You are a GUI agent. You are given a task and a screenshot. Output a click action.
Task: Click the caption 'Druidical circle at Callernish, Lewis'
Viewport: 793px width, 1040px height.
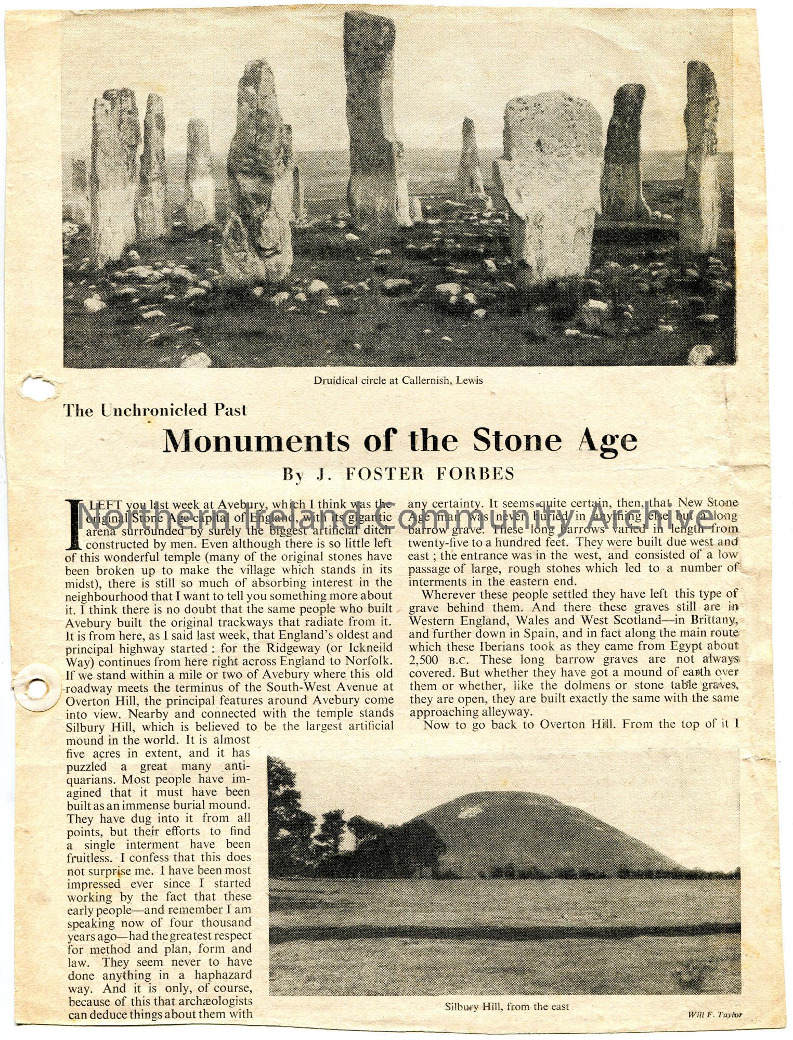[x=398, y=381]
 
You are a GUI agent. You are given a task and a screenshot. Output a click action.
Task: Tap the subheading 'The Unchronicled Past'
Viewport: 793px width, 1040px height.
[x=155, y=410]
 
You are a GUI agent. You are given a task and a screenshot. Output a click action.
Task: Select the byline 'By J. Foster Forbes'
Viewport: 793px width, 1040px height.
[x=398, y=473]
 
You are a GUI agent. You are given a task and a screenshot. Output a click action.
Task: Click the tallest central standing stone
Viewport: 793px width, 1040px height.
[x=368, y=120]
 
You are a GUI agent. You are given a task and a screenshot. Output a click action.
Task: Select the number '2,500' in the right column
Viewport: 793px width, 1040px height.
[x=426, y=660]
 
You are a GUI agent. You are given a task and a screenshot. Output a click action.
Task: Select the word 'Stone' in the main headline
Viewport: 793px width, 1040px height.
[x=517, y=441]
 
